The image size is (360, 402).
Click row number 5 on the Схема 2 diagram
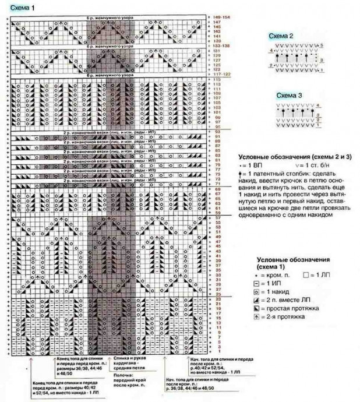click(322, 45)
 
